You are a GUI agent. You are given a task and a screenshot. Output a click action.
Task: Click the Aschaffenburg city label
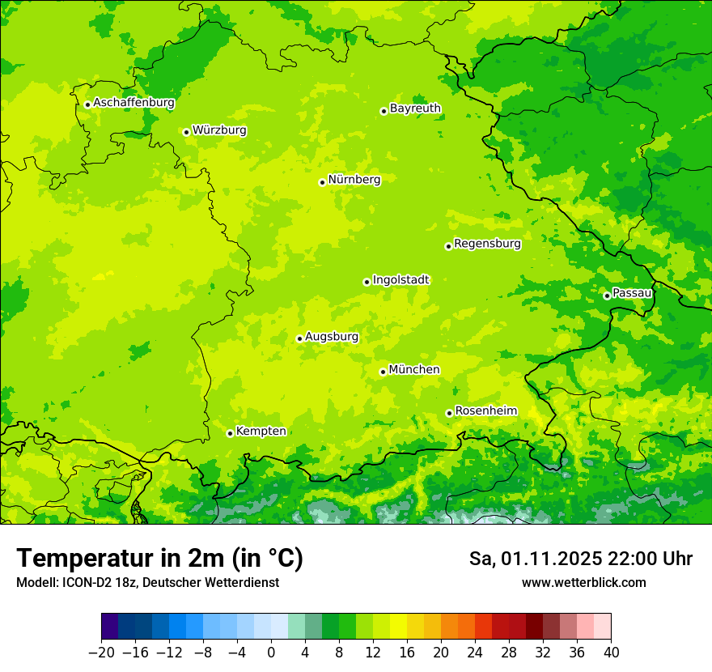(x=133, y=103)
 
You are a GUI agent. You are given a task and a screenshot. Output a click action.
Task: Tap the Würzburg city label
(x=219, y=130)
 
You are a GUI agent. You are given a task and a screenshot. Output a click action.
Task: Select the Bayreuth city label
(x=415, y=108)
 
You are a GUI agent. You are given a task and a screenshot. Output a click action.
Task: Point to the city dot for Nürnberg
(x=322, y=182)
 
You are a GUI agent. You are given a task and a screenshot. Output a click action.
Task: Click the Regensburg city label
(x=487, y=244)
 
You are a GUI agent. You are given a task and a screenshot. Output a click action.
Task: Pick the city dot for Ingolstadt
(x=367, y=282)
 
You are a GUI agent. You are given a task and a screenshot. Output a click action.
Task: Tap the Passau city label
(x=632, y=293)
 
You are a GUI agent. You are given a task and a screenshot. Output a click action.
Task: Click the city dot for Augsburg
(x=299, y=338)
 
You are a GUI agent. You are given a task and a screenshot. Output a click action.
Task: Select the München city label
(x=414, y=370)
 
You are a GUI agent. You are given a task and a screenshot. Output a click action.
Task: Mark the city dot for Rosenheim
(x=449, y=413)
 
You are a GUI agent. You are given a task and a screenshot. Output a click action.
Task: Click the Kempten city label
(x=261, y=432)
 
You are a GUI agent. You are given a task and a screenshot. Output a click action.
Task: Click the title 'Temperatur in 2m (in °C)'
(x=159, y=558)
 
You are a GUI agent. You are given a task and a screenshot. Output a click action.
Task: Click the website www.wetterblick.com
(x=583, y=582)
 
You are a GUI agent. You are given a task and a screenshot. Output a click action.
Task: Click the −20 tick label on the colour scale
(x=100, y=653)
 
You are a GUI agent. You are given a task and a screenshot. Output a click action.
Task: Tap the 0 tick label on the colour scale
(x=271, y=653)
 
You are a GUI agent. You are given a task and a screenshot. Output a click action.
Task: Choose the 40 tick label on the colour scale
(x=611, y=653)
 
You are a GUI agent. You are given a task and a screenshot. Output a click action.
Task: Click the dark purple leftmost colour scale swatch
(x=110, y=627)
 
